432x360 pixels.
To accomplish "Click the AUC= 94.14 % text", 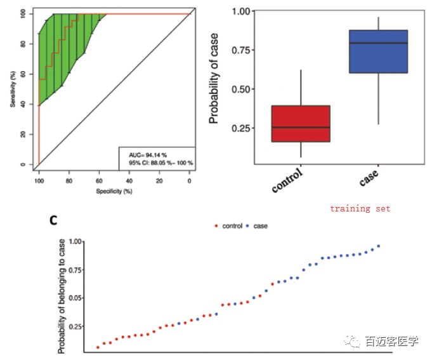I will pos(146,154).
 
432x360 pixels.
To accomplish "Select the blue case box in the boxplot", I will pos(378,51).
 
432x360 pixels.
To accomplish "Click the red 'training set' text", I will pos(360,208).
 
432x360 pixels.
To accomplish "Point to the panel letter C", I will pos(54,220).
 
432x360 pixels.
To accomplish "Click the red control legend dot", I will pos(217,226).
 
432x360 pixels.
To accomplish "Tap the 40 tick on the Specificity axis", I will pos(129,180).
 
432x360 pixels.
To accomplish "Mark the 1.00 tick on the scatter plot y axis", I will pos(76,242).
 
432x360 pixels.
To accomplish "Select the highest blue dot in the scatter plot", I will pos(379,246).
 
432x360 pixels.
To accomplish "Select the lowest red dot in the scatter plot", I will pos(98,347).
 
